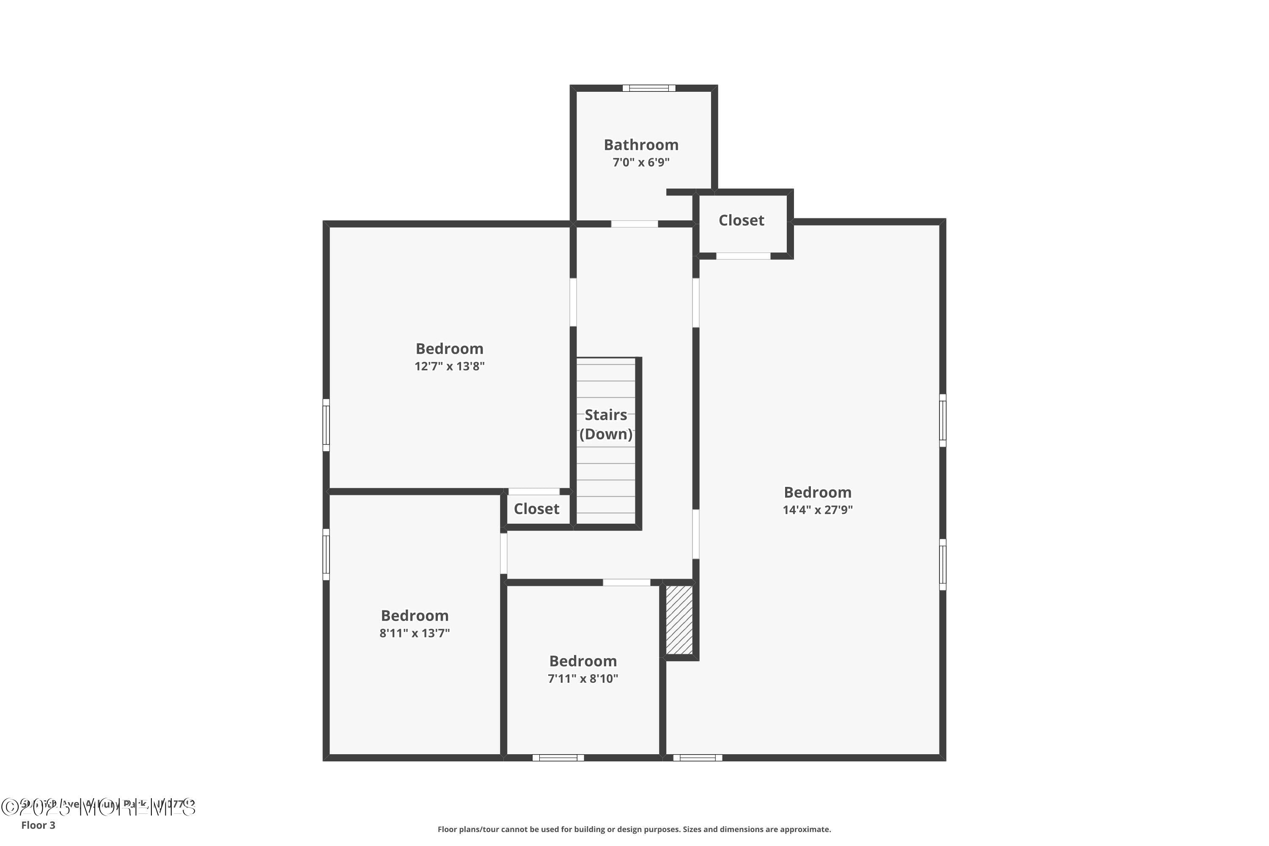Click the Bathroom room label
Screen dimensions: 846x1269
pos(641,145)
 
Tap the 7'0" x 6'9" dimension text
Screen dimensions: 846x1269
pos(641,162)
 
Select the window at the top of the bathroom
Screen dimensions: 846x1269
pos(648,88)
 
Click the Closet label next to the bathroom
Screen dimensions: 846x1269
pos(742,220)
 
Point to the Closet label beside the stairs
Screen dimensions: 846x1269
pos(536,509)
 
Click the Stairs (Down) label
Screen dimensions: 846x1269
pos(606,424)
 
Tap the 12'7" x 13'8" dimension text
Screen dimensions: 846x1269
pos(449,366)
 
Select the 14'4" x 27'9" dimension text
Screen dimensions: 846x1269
pos(817,510)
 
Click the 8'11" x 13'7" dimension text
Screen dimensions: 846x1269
pos(415,633)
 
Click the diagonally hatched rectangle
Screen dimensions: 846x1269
pos(679,621)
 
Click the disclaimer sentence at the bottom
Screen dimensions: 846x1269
pos(634,829)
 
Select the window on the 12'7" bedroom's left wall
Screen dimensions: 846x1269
pos(326,425)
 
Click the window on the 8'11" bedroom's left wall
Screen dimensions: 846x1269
pos(326,554)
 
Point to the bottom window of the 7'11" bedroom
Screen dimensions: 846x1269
pos(558,758)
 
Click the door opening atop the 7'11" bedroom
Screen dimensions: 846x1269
pos(626,582)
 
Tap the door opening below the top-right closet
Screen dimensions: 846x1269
pos(743,256)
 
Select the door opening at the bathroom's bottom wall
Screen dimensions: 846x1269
pos(634,223)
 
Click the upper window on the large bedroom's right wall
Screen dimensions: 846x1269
pos(942,420)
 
